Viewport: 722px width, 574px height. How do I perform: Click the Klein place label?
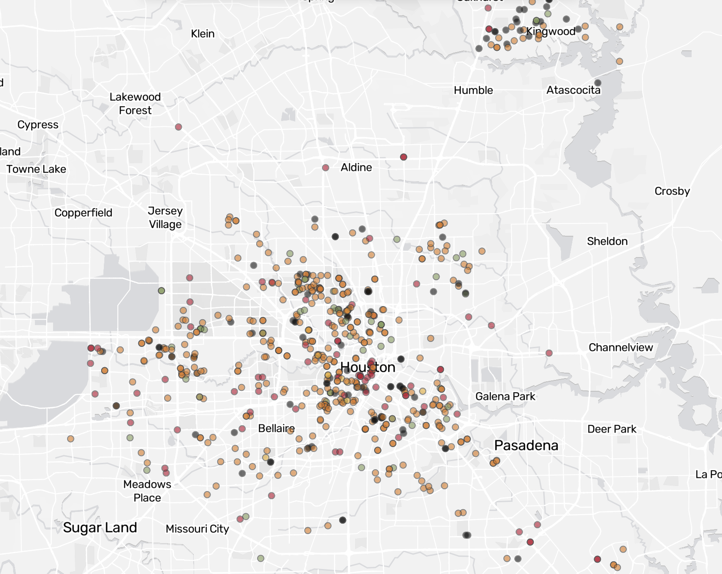(x=203, y=34)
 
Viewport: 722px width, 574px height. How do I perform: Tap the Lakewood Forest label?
(x=135, y=103)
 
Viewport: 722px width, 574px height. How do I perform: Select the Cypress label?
(x=38, y=125)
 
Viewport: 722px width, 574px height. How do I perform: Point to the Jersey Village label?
(x=165, y=217)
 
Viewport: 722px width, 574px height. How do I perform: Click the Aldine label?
(x=356, y=167)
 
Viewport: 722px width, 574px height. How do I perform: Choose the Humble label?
(x=473, y=90)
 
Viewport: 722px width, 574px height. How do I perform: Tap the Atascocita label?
(x=573, y=90)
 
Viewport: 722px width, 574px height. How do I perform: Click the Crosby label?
(x=672, y=191)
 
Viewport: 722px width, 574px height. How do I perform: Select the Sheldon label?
(x=607, y=241)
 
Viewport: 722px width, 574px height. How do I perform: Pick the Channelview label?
(x=620, y=347)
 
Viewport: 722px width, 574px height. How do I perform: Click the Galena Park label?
(x=505, y=396)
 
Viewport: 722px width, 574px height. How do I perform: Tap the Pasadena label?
(x=526, y=445)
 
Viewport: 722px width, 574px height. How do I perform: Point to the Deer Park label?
(x=611, y=429)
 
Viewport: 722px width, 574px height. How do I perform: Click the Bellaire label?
(x=276, y=428)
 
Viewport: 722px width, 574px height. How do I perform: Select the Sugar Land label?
(x=100, y=527)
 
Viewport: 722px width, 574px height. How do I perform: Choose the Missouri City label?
(x=197, y=529)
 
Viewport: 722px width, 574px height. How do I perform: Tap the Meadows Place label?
(x=147, y=491)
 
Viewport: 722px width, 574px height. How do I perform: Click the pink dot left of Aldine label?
(x=326, y=168)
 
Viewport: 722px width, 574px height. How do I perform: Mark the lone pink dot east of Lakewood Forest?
(x=179, y=127)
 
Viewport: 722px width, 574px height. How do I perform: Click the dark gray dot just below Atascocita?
(x=598, y=83)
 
